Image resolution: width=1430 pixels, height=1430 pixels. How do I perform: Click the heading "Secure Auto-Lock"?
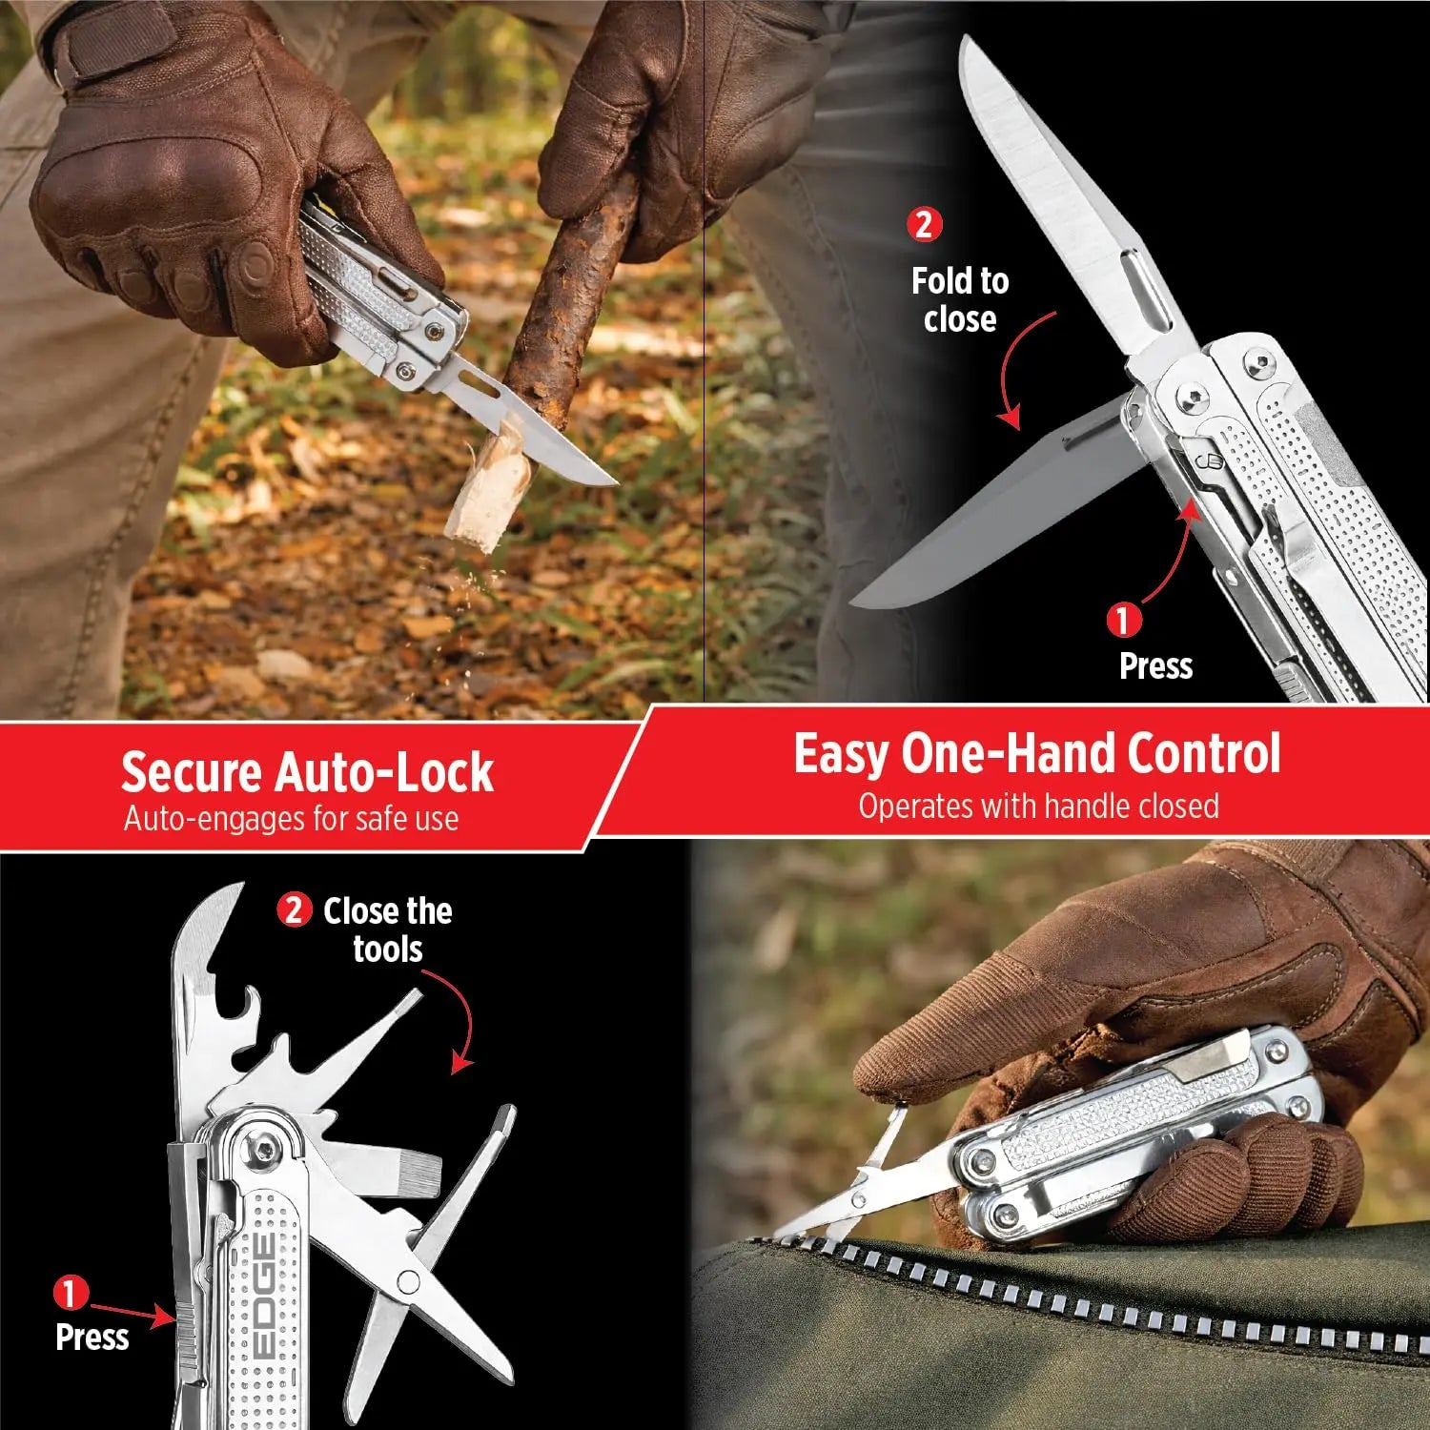[307, 772]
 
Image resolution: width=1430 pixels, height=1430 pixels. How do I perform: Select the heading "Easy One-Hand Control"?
[1037, 754]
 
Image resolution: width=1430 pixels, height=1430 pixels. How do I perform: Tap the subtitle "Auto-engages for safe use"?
[291, 819]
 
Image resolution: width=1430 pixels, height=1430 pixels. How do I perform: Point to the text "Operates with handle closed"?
[1038, 807]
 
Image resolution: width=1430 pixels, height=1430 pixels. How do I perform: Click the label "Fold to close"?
[960, 299]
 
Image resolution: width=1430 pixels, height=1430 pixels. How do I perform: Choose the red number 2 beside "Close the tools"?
[294, 910]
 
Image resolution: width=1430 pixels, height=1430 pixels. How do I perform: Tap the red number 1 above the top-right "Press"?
[1123, 621]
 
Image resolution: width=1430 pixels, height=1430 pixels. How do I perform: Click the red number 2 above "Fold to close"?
[924, 225]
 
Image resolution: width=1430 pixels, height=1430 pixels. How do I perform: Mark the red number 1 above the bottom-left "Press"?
[70, 1295]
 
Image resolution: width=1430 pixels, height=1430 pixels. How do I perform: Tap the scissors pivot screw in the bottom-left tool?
[409, 1281]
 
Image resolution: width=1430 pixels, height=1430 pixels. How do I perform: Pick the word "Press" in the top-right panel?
[1155, 665]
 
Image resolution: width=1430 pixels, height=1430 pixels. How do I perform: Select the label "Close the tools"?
[388, 929]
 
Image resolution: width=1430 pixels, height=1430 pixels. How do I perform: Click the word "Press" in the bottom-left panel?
[92, 1337]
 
